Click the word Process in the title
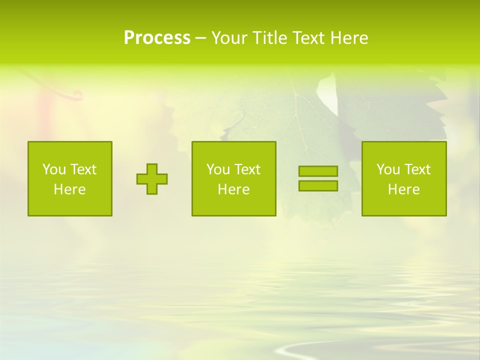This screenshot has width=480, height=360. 157,38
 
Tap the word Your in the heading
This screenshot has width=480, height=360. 230,38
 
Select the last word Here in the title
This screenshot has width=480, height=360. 349,38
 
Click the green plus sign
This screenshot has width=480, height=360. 152,179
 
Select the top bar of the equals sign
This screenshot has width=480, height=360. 318,171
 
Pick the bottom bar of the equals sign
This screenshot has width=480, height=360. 318,185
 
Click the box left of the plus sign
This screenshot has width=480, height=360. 70,178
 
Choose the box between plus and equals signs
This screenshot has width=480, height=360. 233,178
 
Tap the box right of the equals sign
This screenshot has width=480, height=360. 404,178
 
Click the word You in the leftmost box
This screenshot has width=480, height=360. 54,169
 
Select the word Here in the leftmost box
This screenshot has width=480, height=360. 69,189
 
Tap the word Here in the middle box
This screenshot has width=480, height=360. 233,189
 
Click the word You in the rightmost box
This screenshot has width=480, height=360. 388,169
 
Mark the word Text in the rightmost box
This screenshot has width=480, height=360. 417,169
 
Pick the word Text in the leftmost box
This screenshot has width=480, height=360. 83,169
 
